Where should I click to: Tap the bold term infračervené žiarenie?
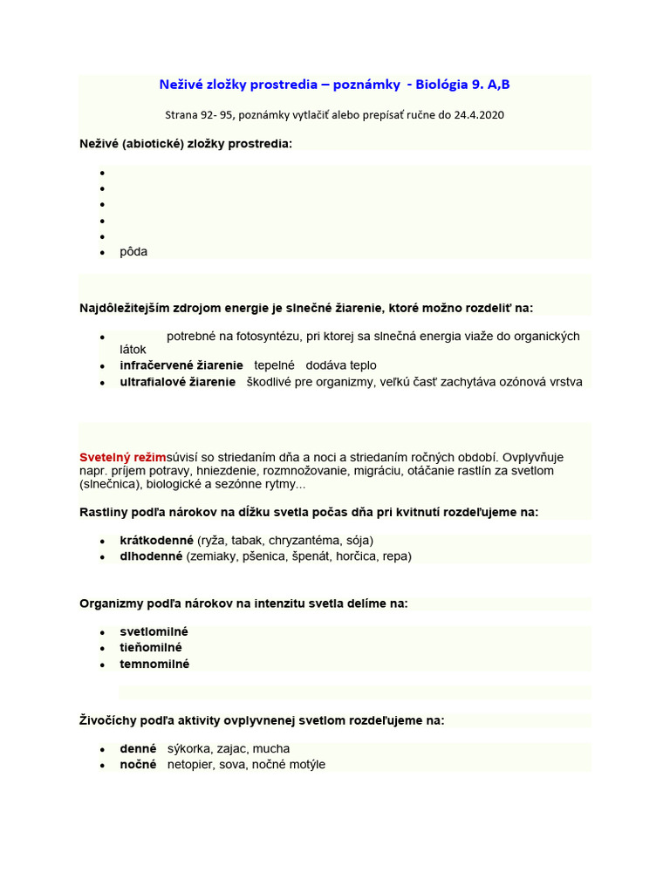click(x=181, y=365)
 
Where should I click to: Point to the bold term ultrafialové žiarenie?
click(x=178, y=382)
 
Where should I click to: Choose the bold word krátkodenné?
click(x=156, y=540)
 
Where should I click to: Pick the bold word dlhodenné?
click(x=151, y=556)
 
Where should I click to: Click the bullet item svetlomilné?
click(x=154, y=631)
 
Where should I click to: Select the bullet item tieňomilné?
click(x=151, y=647)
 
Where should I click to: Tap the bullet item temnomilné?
click(x=154, y=664)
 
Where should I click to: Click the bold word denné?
click(x=138, y=748)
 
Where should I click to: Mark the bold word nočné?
click(x=138, y=765)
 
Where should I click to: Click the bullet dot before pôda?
click(x=102, y=253)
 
